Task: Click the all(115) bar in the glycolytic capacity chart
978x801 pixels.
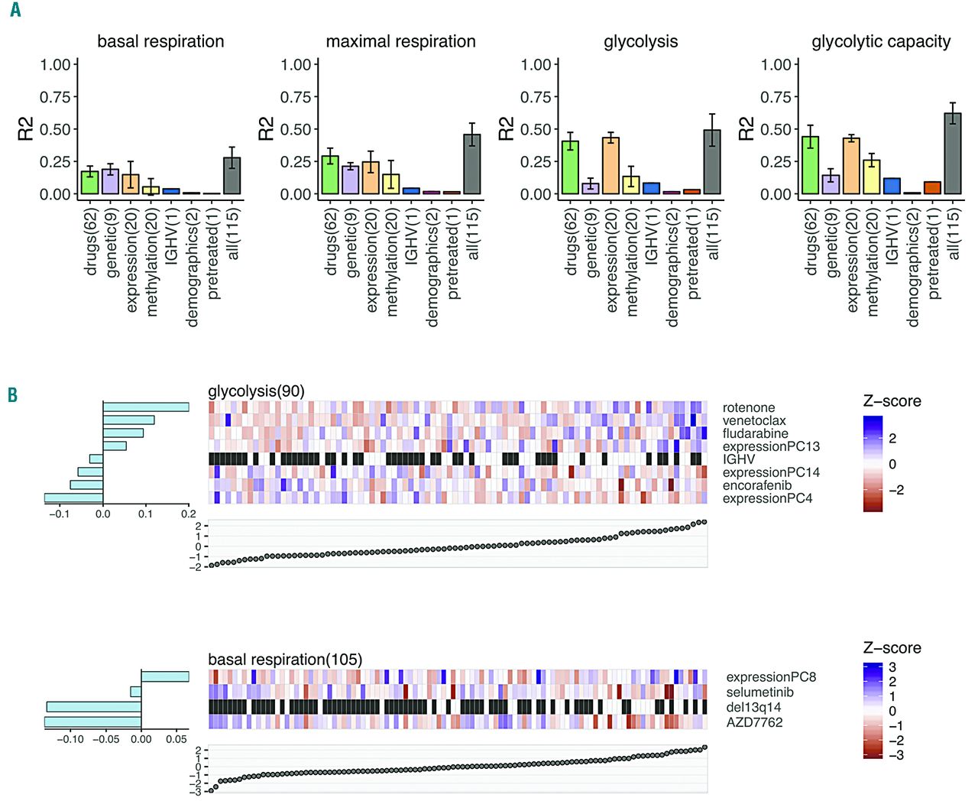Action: tap(952, 154)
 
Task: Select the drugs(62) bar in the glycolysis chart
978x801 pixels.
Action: tap(570, 167)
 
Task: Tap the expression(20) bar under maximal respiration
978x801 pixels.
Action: tap(371, 178)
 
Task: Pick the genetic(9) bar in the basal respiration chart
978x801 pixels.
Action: tap(110, 182)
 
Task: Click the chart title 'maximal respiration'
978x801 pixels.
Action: tap(400, 42)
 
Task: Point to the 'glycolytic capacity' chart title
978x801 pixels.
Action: tap(881, 42)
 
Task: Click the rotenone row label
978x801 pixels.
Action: tap(749, 408)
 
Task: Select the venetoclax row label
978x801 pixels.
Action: tap(754, 421)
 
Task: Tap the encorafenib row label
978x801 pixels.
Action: tap(757, 485)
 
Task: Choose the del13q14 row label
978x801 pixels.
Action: tap(753, 707)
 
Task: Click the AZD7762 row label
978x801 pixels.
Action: tap(754, 722)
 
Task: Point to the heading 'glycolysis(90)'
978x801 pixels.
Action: tap(256, 391)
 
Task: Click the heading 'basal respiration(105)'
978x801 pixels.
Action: tap(285, 660)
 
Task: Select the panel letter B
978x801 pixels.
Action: tap(13, 395)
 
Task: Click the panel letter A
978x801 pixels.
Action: tap(15, 11)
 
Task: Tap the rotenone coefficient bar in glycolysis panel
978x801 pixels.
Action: tap(146, 407)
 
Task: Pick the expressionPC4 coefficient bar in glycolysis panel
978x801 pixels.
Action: tap(73, 498)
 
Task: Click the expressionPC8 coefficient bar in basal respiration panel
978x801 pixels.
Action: tap(165, 676)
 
